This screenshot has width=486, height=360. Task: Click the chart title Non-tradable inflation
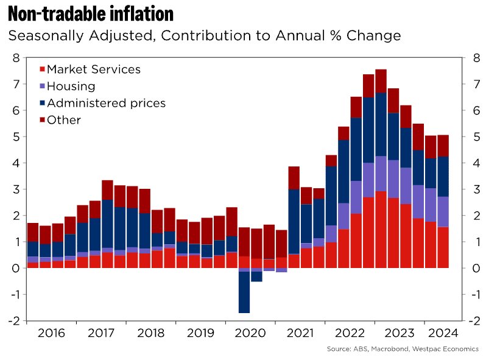coord(91,13)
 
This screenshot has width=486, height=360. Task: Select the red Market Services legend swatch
coord(41,70)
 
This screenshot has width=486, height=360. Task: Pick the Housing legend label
coord(71,86)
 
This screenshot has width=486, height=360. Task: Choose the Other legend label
coord(64,120)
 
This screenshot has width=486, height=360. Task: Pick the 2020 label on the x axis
coord(250,333)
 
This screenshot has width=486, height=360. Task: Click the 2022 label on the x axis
coord(350,333)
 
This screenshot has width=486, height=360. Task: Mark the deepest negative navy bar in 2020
coord(244,292)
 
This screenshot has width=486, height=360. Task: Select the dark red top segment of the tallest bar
coord(381,81)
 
